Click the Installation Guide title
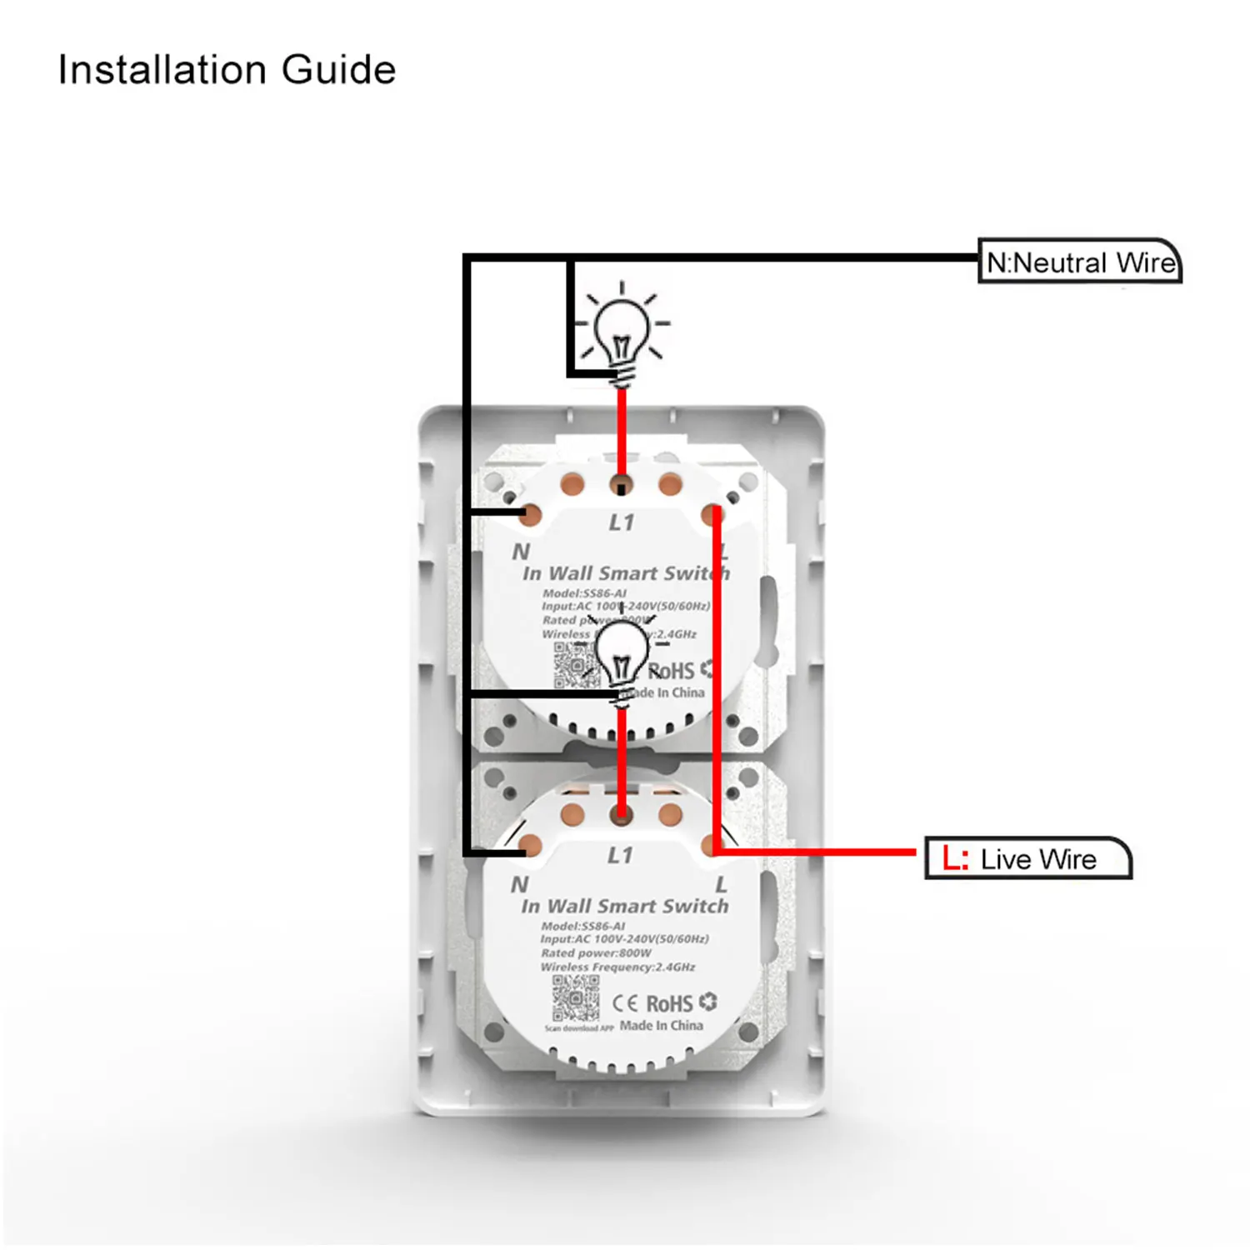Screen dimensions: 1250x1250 227,70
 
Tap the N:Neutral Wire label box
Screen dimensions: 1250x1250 1080,262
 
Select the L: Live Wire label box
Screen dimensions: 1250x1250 1027,859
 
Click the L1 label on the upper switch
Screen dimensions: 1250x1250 622,522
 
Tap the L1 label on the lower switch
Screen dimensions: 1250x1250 620,855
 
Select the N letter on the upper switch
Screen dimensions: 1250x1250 521,552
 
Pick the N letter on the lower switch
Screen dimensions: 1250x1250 519,884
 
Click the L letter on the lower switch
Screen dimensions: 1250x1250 722,884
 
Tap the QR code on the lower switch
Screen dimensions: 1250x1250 576,998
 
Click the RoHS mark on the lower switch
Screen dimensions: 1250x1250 670,1003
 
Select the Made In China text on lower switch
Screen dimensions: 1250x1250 662,1026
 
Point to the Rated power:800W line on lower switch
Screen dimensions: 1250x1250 596,952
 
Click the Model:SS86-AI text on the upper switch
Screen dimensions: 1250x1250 584,593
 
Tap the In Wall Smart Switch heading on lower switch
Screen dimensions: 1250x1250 625,906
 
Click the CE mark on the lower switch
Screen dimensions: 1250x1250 626,1003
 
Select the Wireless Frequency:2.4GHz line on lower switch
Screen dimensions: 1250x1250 617,967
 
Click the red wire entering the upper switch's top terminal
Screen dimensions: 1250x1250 622,433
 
